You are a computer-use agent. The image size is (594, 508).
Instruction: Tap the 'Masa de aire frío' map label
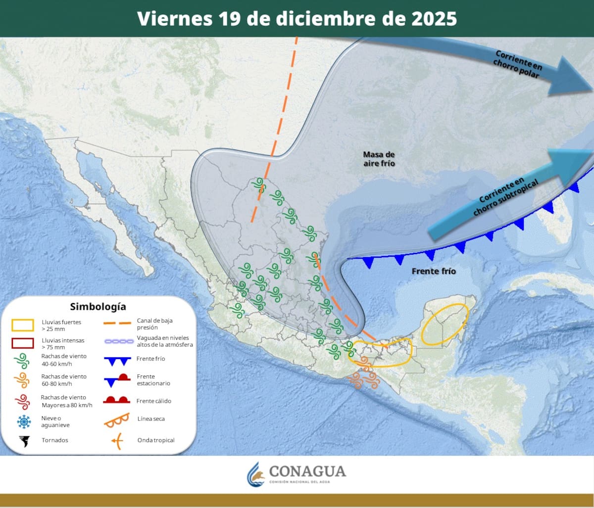[x=379, y=159]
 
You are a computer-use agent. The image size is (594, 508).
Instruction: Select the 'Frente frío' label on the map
[x=434, y=271]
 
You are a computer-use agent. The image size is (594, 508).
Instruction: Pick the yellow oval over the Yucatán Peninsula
[x=445, y=324]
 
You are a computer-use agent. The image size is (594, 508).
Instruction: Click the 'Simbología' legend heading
[x=98, y=307]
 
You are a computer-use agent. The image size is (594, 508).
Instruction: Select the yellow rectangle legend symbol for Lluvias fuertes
[x=23, y=325]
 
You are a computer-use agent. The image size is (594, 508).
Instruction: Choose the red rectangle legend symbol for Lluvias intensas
[x=23, y=343]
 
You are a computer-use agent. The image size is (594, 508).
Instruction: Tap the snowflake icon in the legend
[x=23, y=421]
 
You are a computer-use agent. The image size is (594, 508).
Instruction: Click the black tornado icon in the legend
[x=23, y=440]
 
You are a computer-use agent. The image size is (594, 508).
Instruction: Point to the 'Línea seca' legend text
[x=151, y=419]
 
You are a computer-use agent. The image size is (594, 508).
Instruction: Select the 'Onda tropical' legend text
[x=155, y=440]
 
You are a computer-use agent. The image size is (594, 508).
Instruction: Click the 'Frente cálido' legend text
[x=154, y=401]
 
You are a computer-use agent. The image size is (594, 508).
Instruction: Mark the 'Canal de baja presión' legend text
[x=154, y=324]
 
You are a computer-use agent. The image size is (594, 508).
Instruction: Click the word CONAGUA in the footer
[x=307, y=471]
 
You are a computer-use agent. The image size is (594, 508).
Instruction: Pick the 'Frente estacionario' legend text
[x=153, y=380]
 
